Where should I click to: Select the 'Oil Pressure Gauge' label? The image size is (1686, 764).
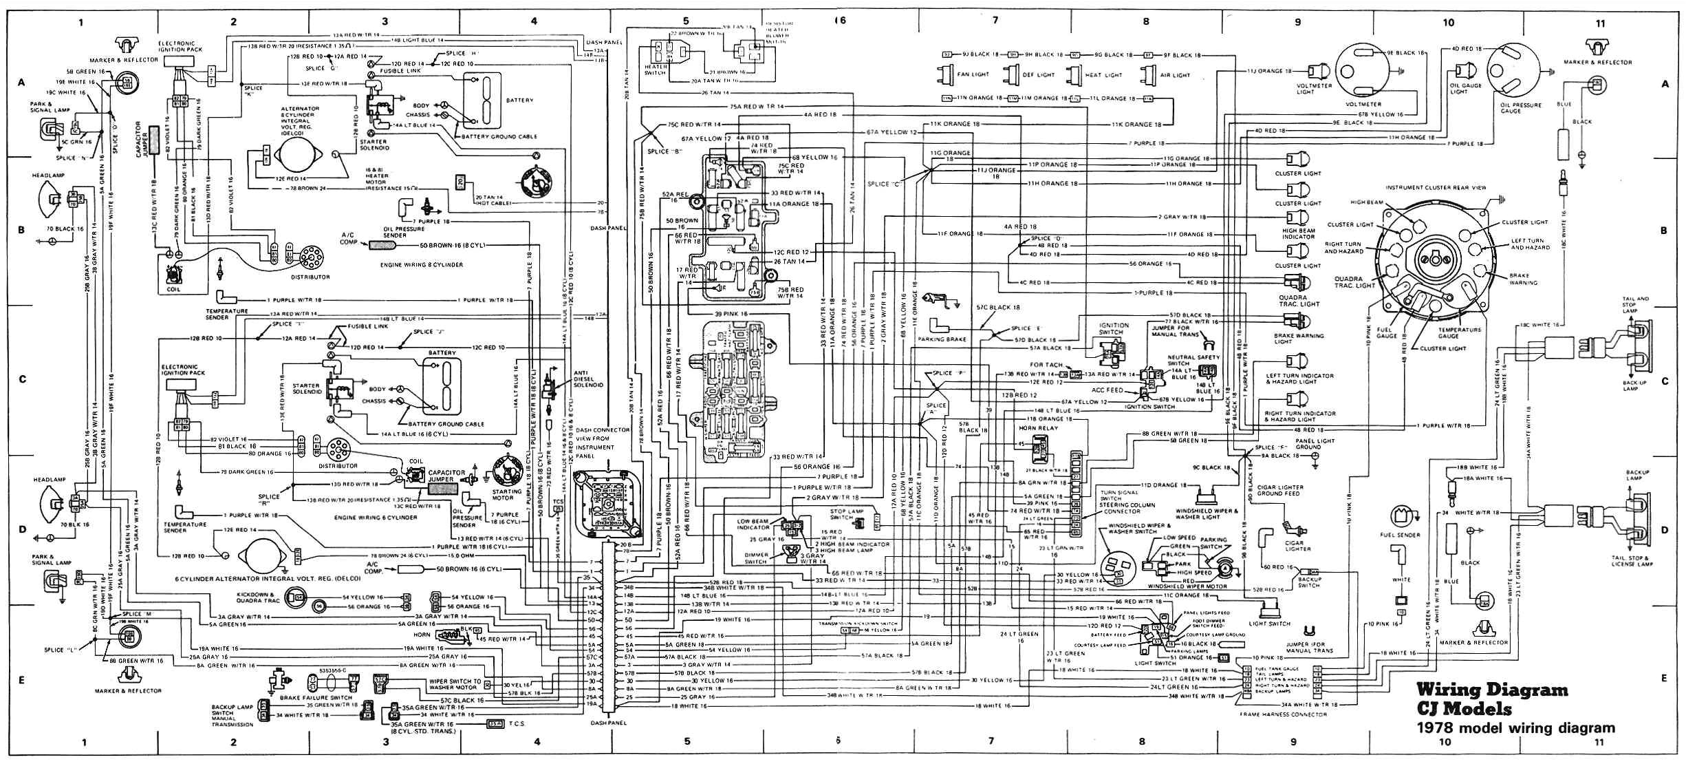pyautogui.click(x=1512, y=108)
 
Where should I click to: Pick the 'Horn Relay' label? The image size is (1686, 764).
pyautogui.click(x=1038, y=428)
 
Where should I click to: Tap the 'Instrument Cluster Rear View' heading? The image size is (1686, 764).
pyautogui.click(x=1434, y=187)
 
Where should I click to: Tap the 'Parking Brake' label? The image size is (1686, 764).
pyautogui.click(x=947, y=339)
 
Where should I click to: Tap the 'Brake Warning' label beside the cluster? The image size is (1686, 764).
pyautogui.click(x=1523, y=279)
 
